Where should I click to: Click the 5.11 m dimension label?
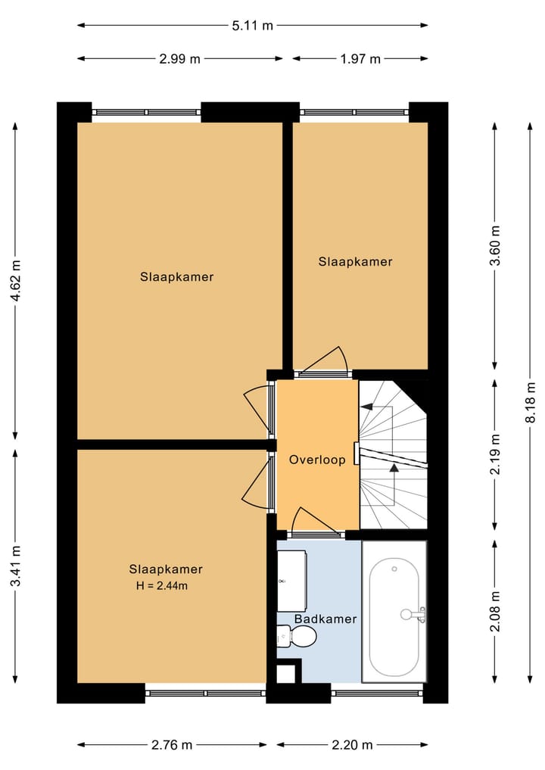(252, 25)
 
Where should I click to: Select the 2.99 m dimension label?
(179, 59)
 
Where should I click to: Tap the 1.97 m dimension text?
(360, 59)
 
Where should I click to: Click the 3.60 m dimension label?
(495, 246)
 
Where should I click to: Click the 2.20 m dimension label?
(352, 745)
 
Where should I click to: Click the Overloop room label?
(317, 460)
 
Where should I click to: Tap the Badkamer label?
(325, 619)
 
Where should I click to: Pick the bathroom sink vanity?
(291, 581)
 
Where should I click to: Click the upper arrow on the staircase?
(368, 407)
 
